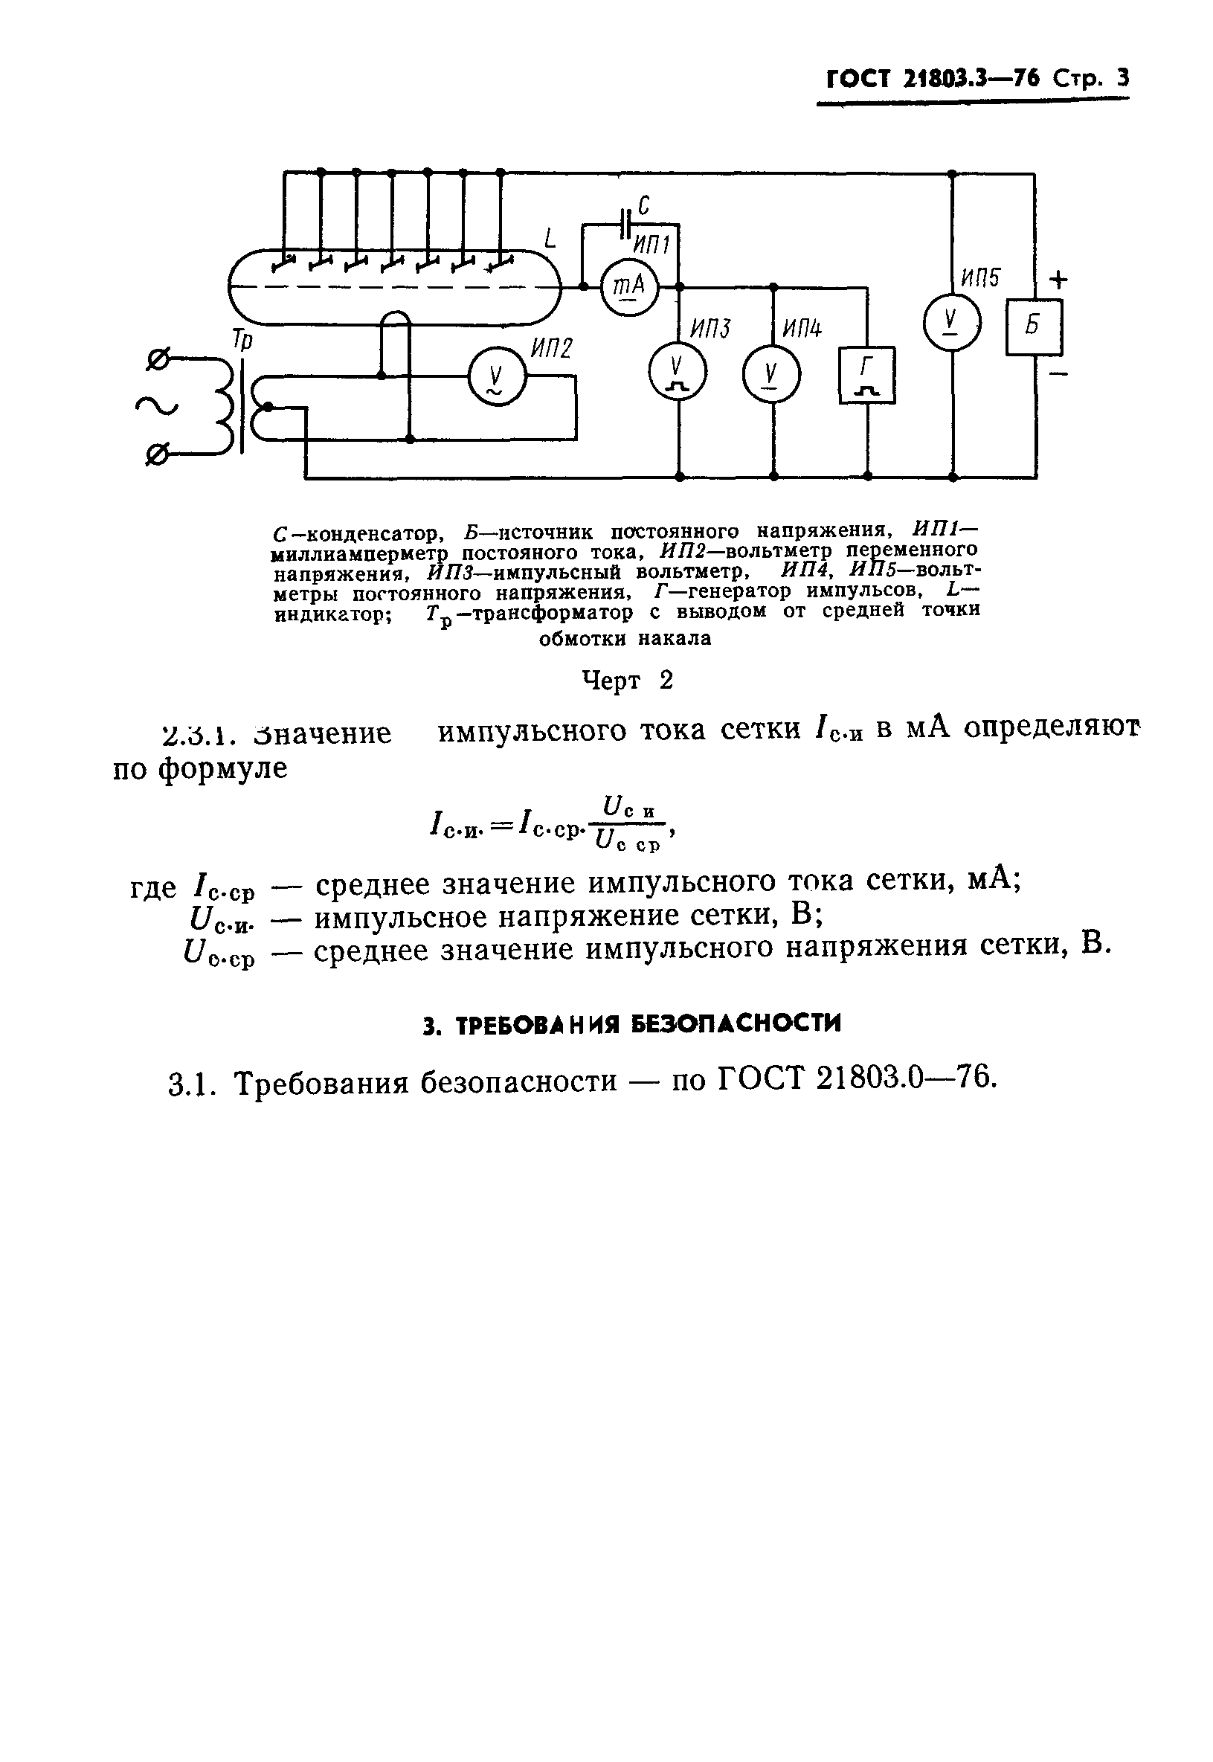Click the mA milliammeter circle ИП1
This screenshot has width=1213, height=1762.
pyautogui.click(x=629, y=286)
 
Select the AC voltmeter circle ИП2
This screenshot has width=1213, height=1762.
pyautogui.click(x=496, y=377)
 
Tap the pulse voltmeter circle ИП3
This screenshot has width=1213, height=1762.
pyautogui.click(x=678, y=372)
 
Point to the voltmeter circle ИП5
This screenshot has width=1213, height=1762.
pyautogui.click(x=951, y=323)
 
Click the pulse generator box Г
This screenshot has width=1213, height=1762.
pyautogui.click(x=867, y=375)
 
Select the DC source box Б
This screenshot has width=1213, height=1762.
pyautogui.click(x=1034, y=327)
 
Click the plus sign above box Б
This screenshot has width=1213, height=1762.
pyautogui.click(x=1058, y=280)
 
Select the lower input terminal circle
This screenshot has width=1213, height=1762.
pyautogui.click(x=157, y=455)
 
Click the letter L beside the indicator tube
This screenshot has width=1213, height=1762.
pyautogui.click(x=550, y=240)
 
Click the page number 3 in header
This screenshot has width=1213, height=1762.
pyautogui.click(x=1122, y=78)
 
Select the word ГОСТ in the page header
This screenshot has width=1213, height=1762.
pyautogui.click(x=858, y=79)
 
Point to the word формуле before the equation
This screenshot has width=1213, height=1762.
pyautogui.click(x=221, y=768)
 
